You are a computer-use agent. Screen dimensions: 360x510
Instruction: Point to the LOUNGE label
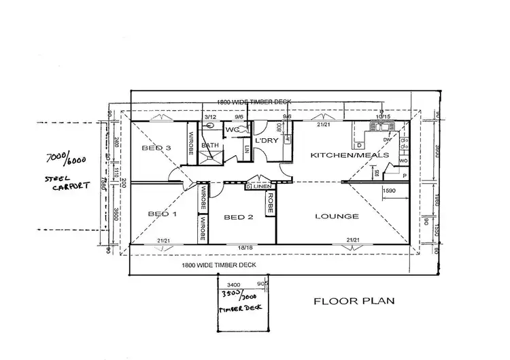pyautogui.click(x=337, y=216)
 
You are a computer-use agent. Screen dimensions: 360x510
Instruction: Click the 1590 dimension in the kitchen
pyautogui.click(x=390, y=192)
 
